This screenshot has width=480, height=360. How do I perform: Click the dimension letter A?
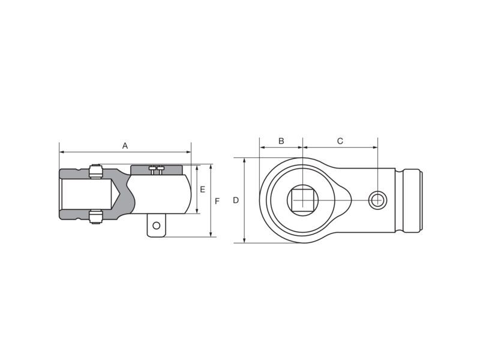125,146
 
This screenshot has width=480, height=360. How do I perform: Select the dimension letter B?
281,141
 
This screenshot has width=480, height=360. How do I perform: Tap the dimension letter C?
340,141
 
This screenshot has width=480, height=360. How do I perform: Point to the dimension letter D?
236,200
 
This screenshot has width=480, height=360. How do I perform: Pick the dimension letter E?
202,190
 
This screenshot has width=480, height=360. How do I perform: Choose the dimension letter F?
217,201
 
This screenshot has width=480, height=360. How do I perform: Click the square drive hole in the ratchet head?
302,200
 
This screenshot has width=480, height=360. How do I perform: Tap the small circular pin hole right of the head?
377,200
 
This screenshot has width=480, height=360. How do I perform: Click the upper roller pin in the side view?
95,172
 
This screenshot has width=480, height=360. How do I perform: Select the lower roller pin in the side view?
95,217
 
